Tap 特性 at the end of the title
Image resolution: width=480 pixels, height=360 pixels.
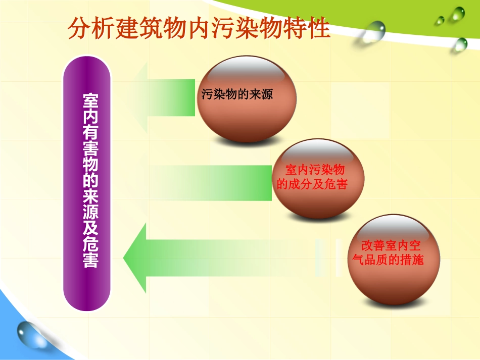pos(312,28)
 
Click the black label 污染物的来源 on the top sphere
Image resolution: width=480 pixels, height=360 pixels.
pos(237,94)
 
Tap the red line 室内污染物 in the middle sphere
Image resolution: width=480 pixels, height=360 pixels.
pos(314,170)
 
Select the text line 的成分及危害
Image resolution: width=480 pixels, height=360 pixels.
pos(313,184)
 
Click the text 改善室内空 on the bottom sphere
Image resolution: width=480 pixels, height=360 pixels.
pos(391,246)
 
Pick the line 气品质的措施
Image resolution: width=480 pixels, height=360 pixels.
pos(388,260)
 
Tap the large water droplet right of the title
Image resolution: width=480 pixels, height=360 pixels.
pos(374,31)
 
